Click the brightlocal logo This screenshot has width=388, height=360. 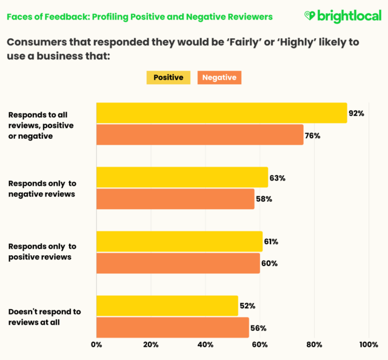tap(342, 16)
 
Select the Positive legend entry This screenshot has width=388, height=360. tap(168, 78)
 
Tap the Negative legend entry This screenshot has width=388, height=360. tap(219, 78)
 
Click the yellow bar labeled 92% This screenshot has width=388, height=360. tap(221, 113)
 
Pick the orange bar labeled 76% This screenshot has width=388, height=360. tap(199, 135)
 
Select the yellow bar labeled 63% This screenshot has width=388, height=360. tap(182, 178)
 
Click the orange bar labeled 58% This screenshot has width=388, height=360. tap(175, 199)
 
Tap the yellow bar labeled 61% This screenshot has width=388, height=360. tap(179, 242)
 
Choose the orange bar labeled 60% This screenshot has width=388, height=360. tap(178, 263)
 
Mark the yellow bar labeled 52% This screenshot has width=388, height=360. tap(167, 306)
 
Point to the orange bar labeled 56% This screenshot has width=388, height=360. tap(172, 327)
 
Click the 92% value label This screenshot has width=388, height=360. tap(356, 113)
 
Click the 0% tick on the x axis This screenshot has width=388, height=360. tap(96, 345)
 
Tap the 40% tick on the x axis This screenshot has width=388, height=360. tap(206, 345)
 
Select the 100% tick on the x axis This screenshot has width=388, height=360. tap(368, 345)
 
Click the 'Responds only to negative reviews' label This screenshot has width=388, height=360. tap(42, 188)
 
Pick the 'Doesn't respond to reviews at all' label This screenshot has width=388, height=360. tap(44, 317)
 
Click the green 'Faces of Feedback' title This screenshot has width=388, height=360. tap(139, 17)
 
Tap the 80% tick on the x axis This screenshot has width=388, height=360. tap(314, 345)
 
